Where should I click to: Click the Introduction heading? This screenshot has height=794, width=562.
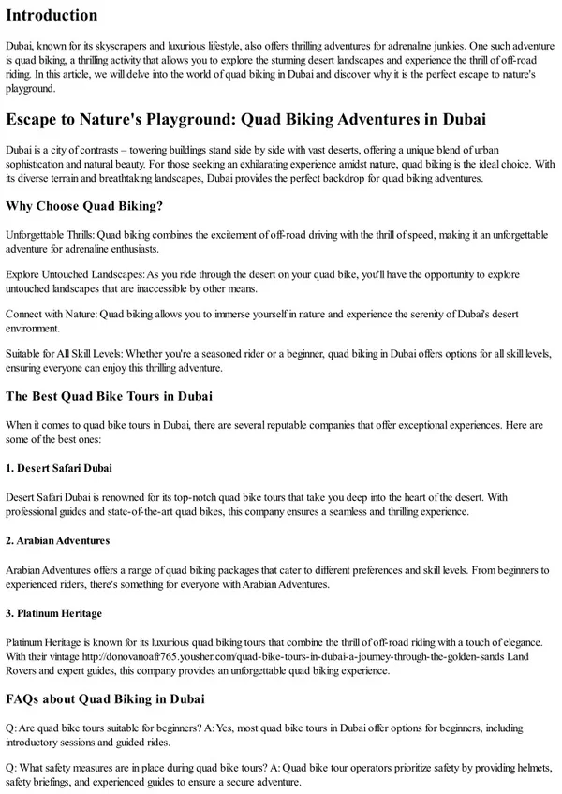coord(52,15)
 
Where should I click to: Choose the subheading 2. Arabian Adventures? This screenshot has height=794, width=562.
coord(58,540)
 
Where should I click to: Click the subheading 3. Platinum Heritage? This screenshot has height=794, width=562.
coord(53,614)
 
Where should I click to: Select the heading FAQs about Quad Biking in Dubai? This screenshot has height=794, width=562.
coord(105,698)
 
